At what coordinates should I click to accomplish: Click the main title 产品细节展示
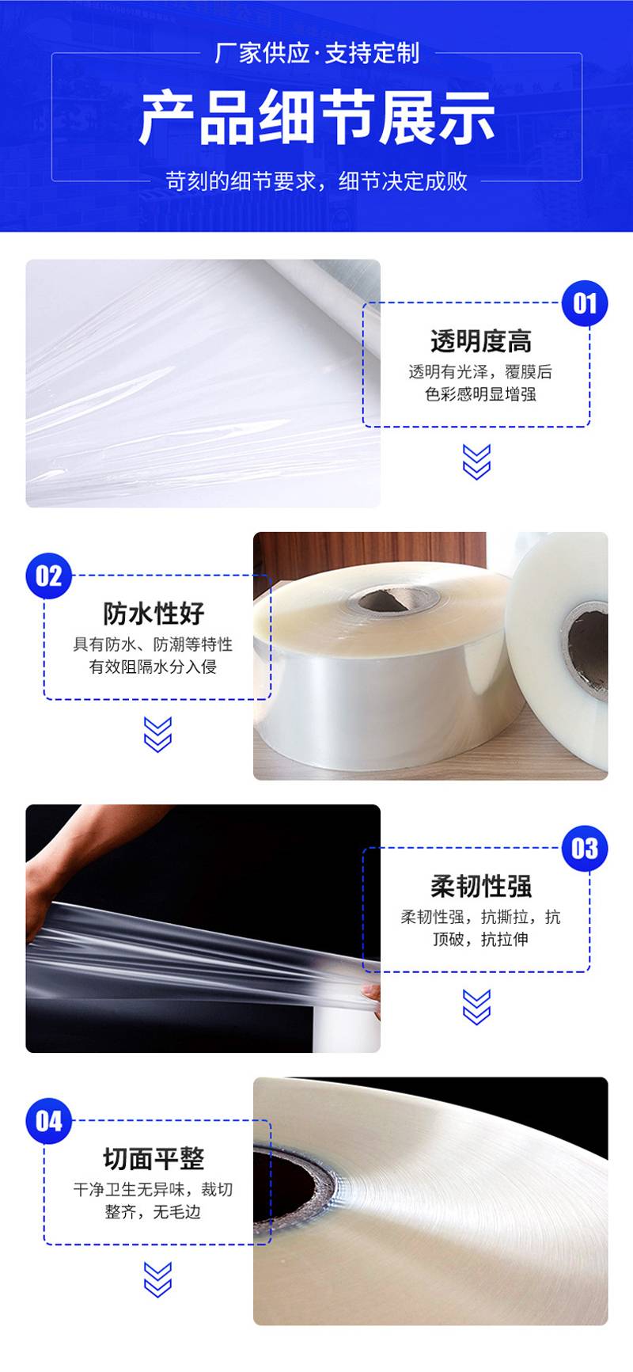316,118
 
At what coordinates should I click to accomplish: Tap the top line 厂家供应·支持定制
316,53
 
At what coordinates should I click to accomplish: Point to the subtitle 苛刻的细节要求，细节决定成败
316,181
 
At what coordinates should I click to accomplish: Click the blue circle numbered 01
585,302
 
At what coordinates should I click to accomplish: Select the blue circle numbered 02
48,576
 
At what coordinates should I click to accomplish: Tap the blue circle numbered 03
585,848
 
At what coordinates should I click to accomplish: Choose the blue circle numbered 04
48,1121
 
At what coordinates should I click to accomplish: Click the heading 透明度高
481,341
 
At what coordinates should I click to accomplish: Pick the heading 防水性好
154,614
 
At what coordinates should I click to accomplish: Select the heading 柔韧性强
481,887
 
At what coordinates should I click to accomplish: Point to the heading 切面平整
154,1159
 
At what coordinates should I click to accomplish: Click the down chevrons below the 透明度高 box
476,462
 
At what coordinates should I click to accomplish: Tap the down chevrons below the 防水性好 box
157,734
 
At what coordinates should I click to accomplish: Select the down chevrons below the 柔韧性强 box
476,1007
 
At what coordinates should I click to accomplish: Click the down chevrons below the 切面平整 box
157,1279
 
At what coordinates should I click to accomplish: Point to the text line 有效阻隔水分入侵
153,667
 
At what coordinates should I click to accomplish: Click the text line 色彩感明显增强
480,394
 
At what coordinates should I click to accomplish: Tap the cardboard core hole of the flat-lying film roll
392,599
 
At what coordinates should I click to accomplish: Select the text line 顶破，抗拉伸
480,940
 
